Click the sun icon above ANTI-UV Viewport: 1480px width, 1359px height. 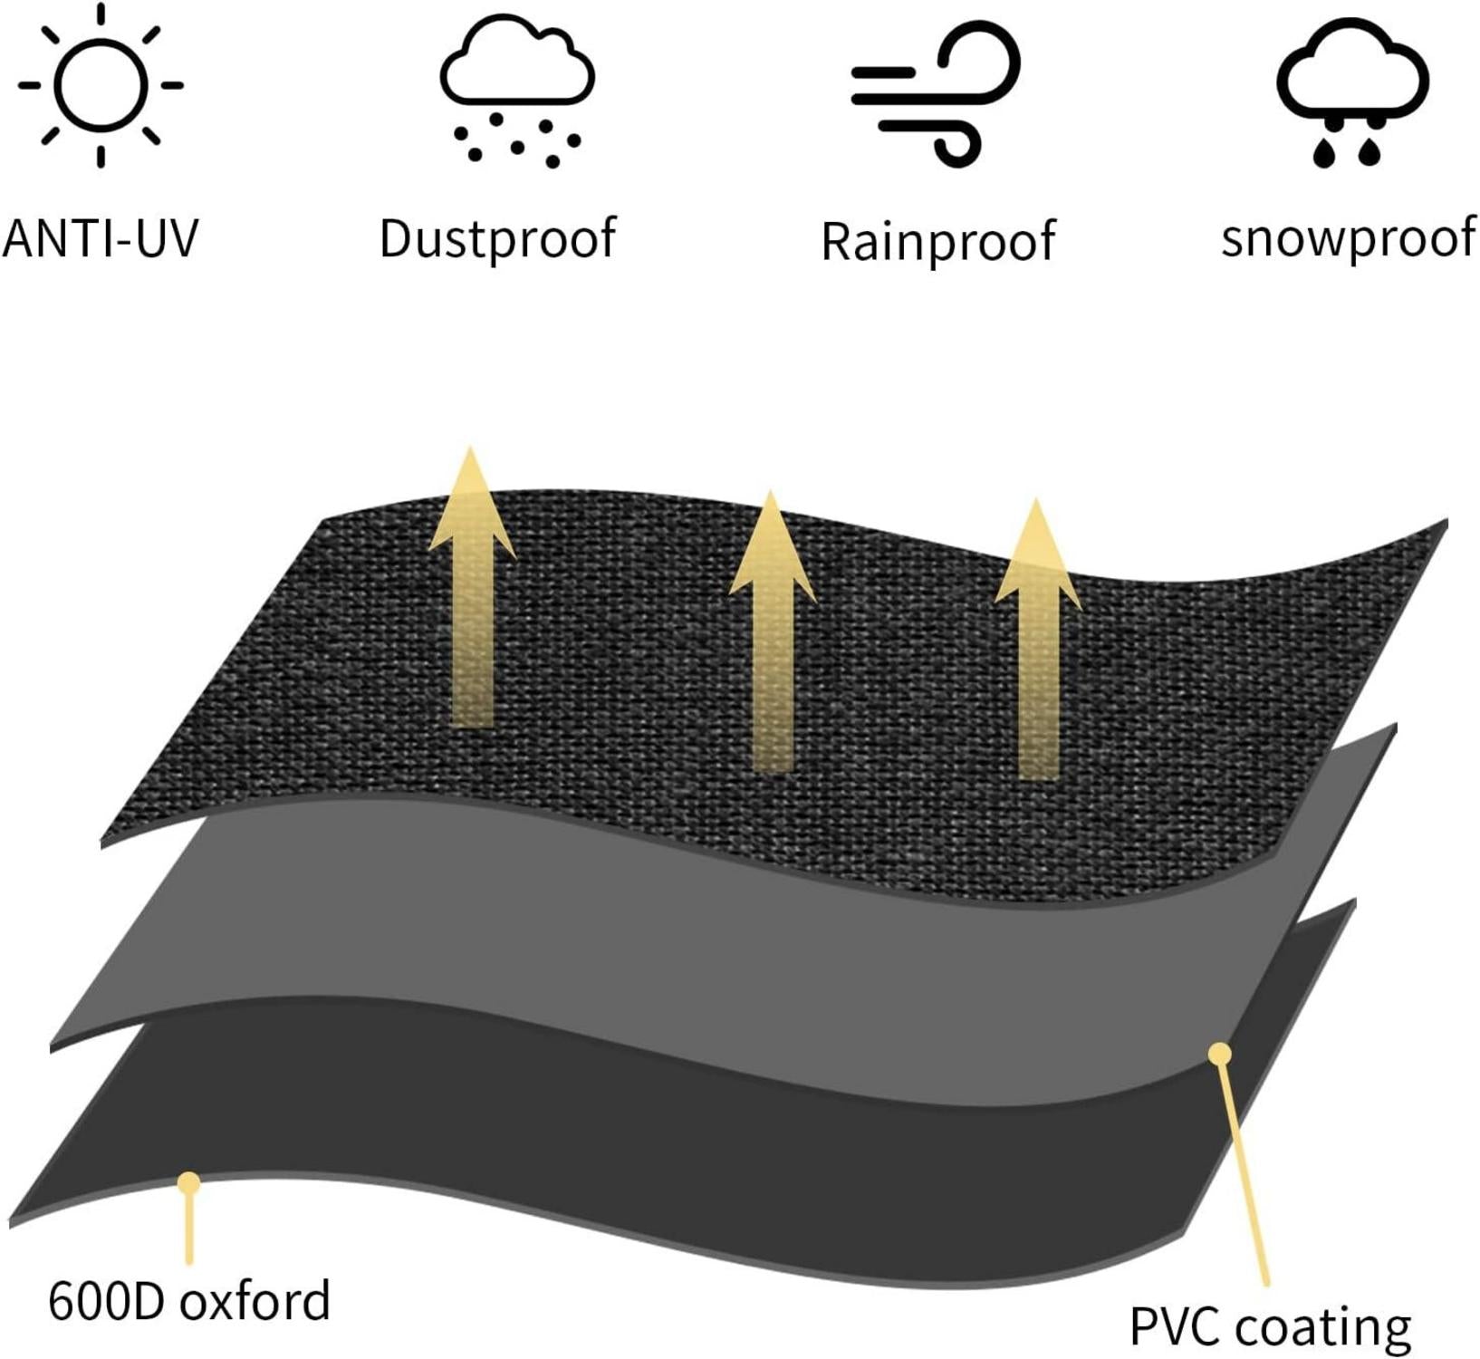pyautogui.click(x=101, y=85)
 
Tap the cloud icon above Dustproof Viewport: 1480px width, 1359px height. pyautogui.click(x=517, y=63)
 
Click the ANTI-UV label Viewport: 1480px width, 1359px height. pyautogui.click(x=101, y=238)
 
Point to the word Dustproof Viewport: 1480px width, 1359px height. pyautogui.click(x=497, y=239)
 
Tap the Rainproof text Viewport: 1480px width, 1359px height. pyautogui.click(x=937, y=241)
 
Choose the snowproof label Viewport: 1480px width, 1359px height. pyautogui.click(x=1349, y=238)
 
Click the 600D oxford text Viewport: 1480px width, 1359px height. pyautogui.click(x=189, y=1301)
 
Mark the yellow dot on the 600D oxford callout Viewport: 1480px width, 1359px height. pyautogui.click(x=188, y=1182)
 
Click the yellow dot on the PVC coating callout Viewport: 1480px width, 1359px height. pyautogui.click(x=1220, y=1054)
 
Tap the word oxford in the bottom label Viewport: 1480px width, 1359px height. pyautogui.click(x=255, y=1301)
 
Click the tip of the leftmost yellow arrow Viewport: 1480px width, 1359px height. pyautogui.click(x=469, y=449)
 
